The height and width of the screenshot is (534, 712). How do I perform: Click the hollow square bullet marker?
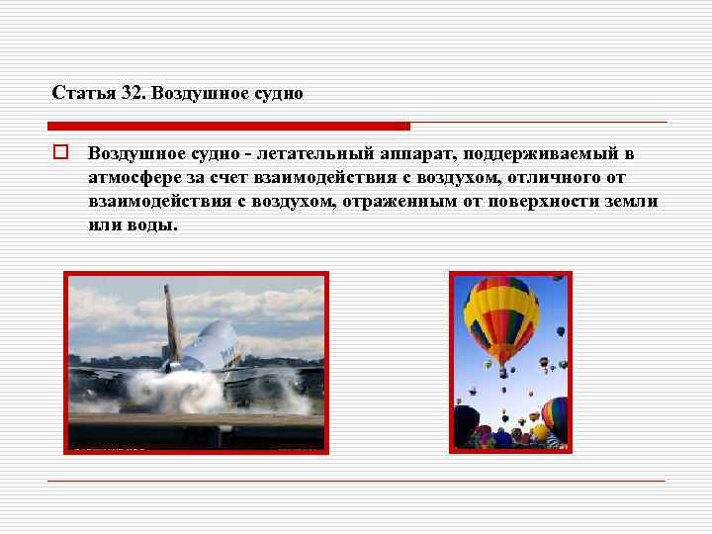59,153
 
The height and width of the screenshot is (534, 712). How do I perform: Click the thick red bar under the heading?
228,127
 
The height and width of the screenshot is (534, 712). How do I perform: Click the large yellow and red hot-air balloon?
501,316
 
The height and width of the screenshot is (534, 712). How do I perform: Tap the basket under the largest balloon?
502,373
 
